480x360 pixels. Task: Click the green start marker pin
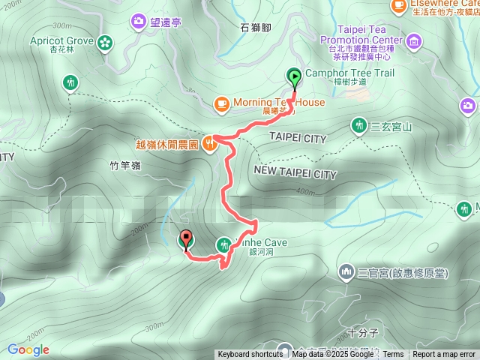[x=293, y=76]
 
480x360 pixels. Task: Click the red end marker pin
[x=185, y=239]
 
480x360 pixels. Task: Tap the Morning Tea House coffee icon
[x=222, y=103]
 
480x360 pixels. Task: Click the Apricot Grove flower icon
[x=104, y=41]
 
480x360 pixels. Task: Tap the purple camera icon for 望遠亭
[x=139, y=21]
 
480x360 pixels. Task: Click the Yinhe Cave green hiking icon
[x=224, y=244]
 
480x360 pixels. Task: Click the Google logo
[x=28, y=349]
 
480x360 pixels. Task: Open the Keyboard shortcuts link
[x=250, y=355]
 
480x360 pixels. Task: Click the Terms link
[x=393, y=355]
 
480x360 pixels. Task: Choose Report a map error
[x=444, y=355]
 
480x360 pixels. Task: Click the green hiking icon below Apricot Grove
[x=71, y=82]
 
